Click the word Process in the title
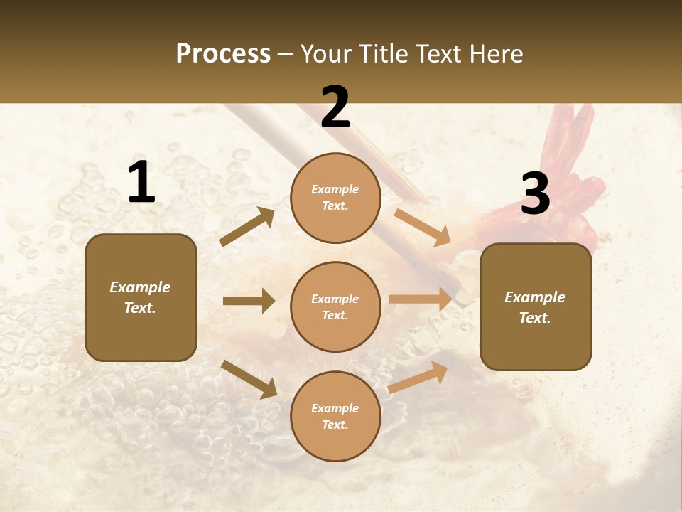pyautogui.click(x=223, y=54)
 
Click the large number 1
pyautogui.click(x=141, y=182)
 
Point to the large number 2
pyautogui.click(x=335, y=107)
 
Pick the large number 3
pyautogui.click(x=535, y=193)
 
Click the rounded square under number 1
pyautogui.click(x=141, y=297)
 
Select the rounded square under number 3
pyautogui.click(x=536, y=307)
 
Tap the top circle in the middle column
pyautogui.click(x=335, y=198)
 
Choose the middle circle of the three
pyautogui.click(x=335, y=307)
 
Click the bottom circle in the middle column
pyautogui.click(x=335, y=417)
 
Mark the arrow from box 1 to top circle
pyautogui.click(x=247, y=227)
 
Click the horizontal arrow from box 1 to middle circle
pyautogui.click(x=249, y=301)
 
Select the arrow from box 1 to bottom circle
pyautogui.click(x=249, y=378)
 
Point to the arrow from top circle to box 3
pyautogui.click(x=422, y=227)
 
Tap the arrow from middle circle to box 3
pyautogui.click(x=421, y=299)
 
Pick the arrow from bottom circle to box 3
pyautogui.click(x=418, y=377)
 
